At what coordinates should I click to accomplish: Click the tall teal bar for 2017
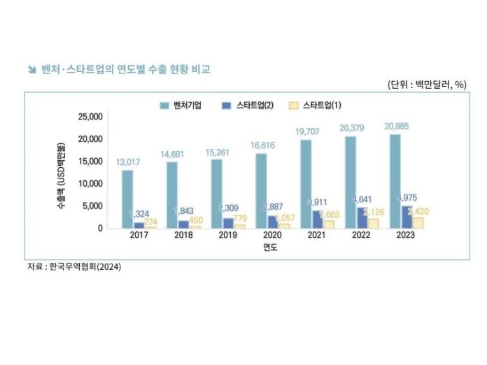click(x=127, y=199)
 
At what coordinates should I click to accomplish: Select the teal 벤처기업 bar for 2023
click(x=395, y=182)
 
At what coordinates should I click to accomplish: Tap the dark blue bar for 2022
click(x=362, y=217)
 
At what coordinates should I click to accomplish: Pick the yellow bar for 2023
click(x=418, y=222)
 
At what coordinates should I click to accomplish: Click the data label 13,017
click(x=127, y=162)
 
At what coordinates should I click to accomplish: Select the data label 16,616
click(x=261, y=145)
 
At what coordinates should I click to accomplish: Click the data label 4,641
click(x=362, y=199)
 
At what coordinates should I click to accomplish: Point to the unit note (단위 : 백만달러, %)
click(x=427, y=85)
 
